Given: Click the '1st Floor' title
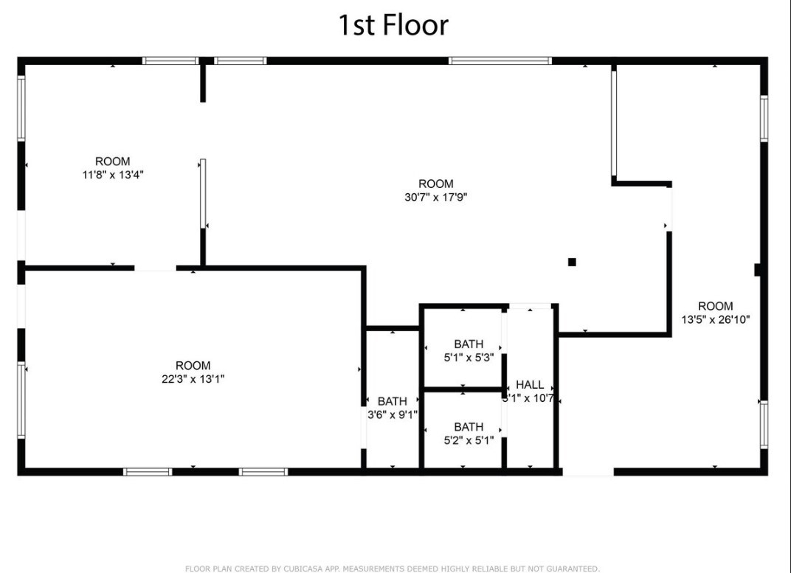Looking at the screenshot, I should tap(393, 25).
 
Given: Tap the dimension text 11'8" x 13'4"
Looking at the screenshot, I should tap(113, 176).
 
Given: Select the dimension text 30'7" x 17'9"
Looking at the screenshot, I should tap(436, 198).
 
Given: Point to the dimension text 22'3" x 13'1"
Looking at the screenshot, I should tap(193, 379).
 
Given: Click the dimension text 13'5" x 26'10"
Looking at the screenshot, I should tap(716, 320).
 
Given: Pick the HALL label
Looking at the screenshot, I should tap(530, 384).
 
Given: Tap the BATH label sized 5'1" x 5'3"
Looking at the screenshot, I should tap(469, 344).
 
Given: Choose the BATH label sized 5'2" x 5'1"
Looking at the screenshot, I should tap(469, 427).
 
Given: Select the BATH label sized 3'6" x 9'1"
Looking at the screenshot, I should tap(392, 401).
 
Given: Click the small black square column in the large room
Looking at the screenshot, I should tap(572, 262).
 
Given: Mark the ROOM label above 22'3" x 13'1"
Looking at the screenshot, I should tap(193, 365).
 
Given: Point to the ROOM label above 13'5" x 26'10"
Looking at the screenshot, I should tap(716, 306).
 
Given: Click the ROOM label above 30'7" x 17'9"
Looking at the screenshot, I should tap(436, 184).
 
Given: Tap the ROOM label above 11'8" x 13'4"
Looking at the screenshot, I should tap(113, 162).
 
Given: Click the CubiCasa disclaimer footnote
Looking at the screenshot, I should tap(392, 569).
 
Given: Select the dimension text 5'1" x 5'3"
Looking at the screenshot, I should tap(469, 358).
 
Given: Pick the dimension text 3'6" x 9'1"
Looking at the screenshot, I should tap(393, 414).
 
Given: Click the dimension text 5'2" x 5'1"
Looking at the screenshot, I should tap(469, 441).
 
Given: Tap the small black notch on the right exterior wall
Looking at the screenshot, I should tap(758, 270).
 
